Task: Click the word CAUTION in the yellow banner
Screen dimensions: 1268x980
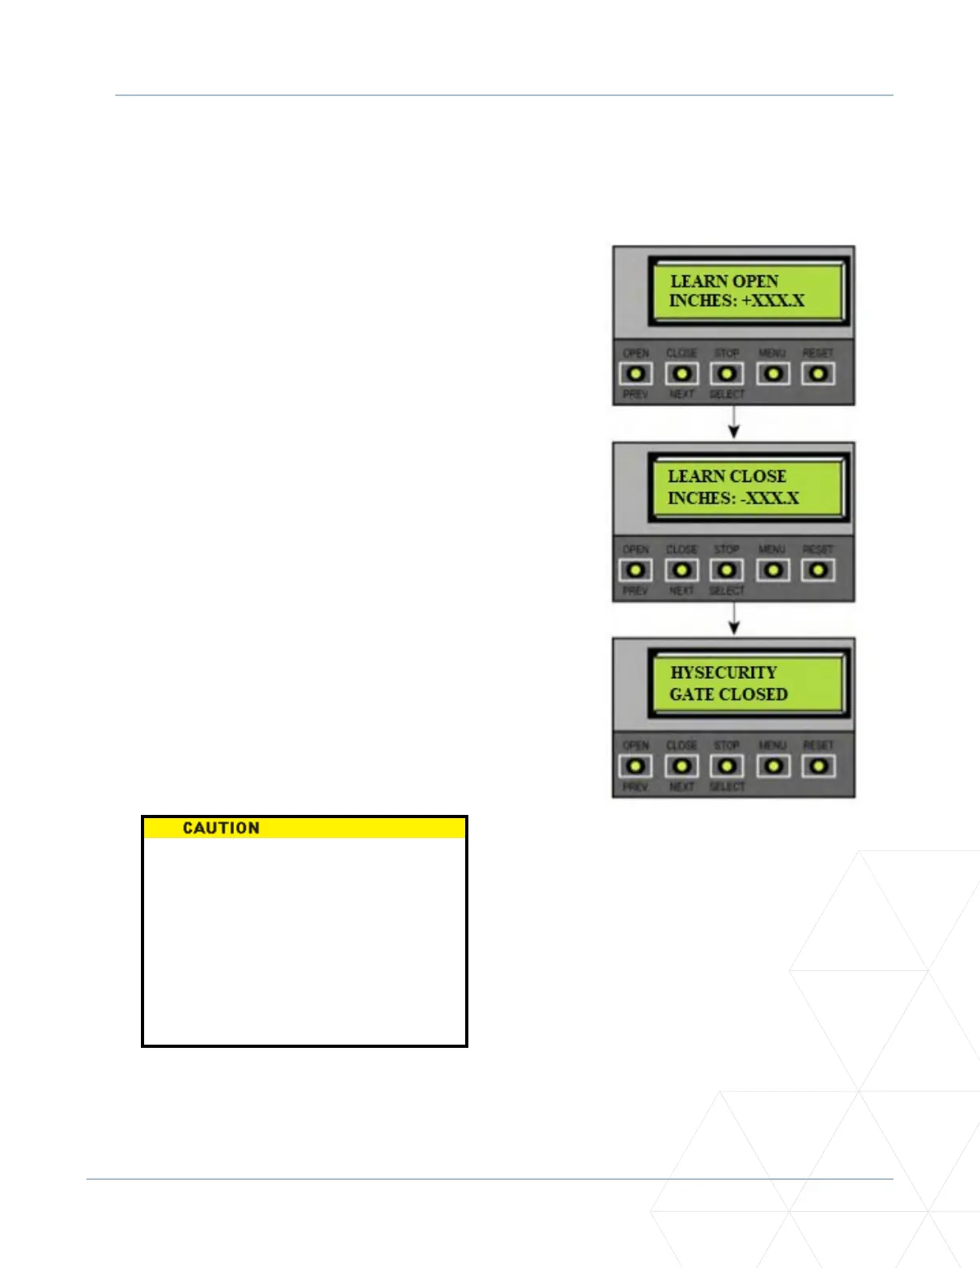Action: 221,828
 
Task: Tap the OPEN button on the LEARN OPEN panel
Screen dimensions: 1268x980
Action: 637,374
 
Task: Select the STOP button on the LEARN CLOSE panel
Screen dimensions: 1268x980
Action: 727,570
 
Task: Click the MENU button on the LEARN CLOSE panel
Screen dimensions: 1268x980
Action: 773,570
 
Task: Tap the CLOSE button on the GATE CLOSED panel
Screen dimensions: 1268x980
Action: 681,766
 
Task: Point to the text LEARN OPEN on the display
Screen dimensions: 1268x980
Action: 724,281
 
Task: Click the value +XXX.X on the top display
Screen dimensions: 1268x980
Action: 773,301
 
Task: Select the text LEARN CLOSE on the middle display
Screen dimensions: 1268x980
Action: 727,476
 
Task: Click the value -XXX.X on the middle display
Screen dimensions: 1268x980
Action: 769,498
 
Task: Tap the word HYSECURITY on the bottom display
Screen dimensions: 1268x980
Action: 724,672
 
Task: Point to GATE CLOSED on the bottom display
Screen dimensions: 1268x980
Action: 729,694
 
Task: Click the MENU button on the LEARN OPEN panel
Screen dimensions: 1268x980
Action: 773,374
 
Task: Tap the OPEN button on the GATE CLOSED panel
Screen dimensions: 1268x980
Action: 637,766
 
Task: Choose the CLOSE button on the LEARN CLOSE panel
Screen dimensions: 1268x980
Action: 681,570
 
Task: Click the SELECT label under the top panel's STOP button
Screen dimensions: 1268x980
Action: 727,394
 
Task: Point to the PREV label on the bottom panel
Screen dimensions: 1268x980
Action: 636,787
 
